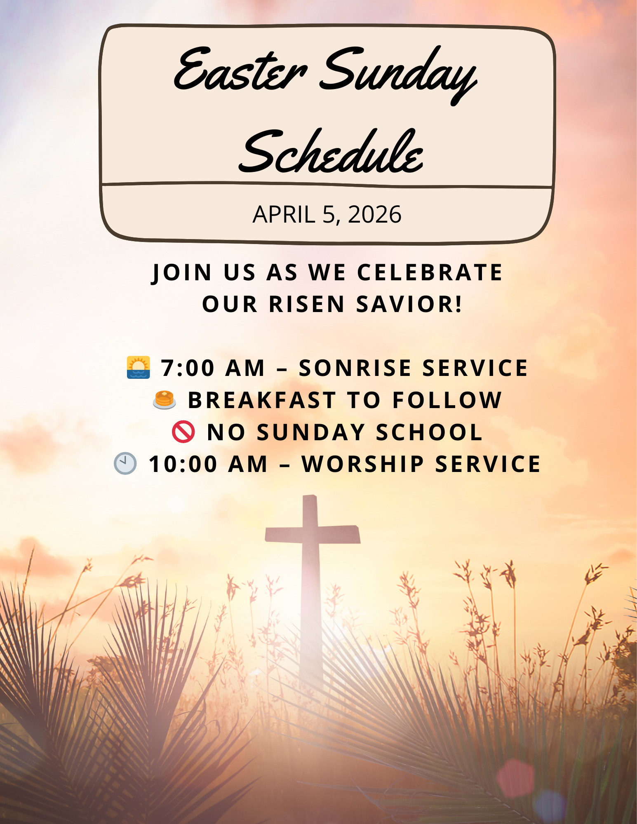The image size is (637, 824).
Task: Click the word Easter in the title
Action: [x=240, y=70]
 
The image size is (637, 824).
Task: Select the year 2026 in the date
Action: [x=374, y=214]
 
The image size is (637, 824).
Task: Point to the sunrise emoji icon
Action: [x=139, y=367]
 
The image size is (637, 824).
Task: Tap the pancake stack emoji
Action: [x=165, y=400]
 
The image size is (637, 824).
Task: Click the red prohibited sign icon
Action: [x=183, y=432]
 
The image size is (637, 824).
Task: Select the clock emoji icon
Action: [x=125, y=463]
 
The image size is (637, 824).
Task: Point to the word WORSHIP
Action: [x=363, y=464]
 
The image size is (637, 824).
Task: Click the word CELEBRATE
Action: [x=430, y=272]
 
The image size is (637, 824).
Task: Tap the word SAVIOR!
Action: [x=409, y=304]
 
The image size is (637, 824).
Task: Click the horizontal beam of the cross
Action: [x=313, y=534]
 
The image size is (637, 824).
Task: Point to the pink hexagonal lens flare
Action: [x=515, y=778]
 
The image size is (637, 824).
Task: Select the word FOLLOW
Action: [x=447, y=400]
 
